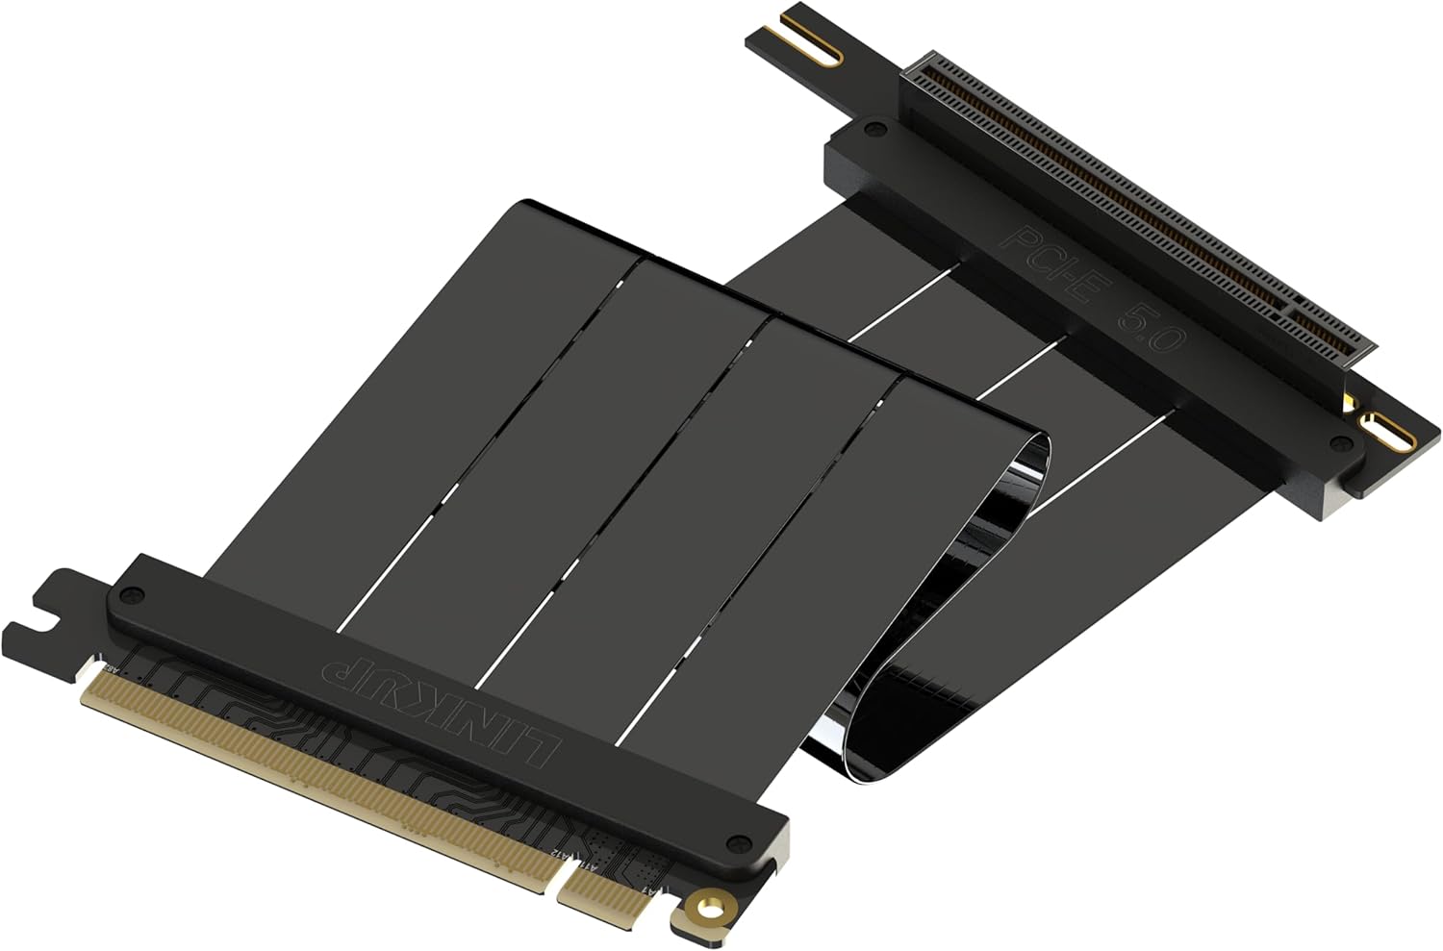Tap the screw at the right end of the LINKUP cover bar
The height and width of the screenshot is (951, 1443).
[739, 842]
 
